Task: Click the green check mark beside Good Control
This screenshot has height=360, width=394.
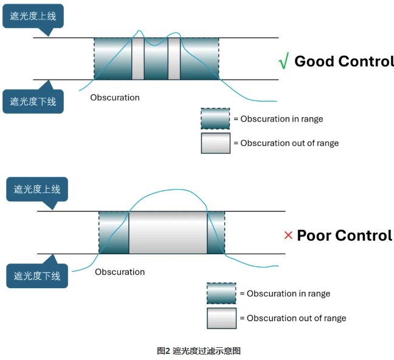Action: pos(284,61)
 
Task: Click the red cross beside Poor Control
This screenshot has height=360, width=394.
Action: pos(288,235)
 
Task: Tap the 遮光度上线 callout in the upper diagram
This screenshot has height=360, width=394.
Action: pos(33,16)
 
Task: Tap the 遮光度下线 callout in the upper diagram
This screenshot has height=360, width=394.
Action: pos(33,101)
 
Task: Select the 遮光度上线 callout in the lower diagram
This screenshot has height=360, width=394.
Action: pos(37,189)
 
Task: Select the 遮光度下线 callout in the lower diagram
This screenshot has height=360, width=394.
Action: pos(37,276)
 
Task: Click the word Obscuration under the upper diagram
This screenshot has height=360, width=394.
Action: pos(115,97)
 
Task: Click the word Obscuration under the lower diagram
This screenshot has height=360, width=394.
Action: pos(120,272)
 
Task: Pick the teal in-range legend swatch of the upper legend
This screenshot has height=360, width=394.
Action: pos(215,119)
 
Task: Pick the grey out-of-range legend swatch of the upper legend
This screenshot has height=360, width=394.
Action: pos(216,143)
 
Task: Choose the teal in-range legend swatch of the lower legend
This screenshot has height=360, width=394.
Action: pos(221,293)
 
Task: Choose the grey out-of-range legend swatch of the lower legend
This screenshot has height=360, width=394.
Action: pos(221,318)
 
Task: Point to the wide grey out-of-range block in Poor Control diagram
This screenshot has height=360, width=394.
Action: pos(168,232)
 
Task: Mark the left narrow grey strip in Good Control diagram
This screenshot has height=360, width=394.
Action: pos(138,59)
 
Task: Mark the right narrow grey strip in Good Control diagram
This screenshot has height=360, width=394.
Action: pos(174,59)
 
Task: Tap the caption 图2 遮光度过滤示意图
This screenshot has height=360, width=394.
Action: pos(199,351)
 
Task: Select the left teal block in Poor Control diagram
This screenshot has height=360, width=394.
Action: pos(114,232)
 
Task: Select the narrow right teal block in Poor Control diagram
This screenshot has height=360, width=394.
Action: pos(216,232)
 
